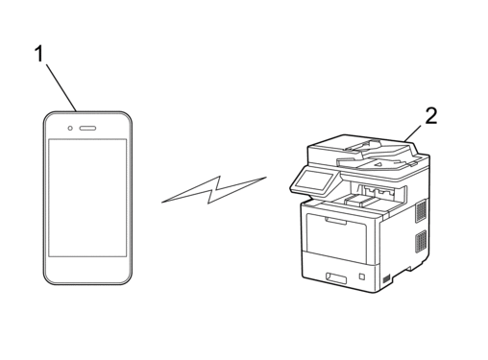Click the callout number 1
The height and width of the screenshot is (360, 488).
(x=39, y=54)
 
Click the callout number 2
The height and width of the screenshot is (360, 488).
(x=431, y=115)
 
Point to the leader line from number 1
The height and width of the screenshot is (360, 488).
(x=61, y=87)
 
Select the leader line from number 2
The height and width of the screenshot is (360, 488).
(x=414, y=132)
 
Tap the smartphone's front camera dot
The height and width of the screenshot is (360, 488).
(x=70, y=129)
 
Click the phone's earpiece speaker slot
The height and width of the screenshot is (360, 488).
(x=87, y=129)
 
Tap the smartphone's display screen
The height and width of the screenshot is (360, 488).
(x=87, y=198)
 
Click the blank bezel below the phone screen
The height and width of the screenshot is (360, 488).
(x=87, y=270)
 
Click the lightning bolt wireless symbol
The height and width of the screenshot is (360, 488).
(x=214, y=189)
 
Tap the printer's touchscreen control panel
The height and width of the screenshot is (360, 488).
(x=314, y=180)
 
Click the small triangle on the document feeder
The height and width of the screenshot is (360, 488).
(x=378, y=164)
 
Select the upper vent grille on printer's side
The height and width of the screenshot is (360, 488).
(x=421, y=210)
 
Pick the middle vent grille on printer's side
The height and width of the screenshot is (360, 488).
(x=421, y=241)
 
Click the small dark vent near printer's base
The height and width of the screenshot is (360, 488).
(x=387, y=278)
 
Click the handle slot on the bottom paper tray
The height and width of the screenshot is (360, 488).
(x=336, y=278)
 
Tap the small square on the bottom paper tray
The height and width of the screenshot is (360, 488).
(x=362, y=276)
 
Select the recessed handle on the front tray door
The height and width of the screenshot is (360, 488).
(x=335, y=221)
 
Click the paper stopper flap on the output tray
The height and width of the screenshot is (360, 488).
(x=362, y=200)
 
